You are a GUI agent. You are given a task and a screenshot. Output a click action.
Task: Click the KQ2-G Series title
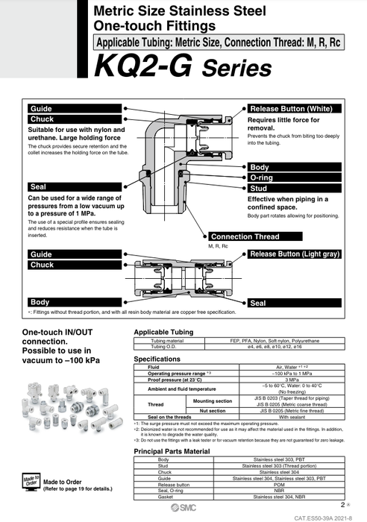tap(183, 69)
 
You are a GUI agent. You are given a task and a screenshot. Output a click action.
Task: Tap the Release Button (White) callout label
tap(292, 108)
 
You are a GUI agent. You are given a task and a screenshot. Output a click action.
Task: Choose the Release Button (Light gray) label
tap(295, 254)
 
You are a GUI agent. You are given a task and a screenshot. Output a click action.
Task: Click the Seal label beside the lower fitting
tap(259, 303)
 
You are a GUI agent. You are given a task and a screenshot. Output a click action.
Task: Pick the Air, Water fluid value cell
tap(287, 367)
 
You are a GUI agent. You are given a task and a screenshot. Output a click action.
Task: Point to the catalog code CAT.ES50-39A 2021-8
tap(325, 517)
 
